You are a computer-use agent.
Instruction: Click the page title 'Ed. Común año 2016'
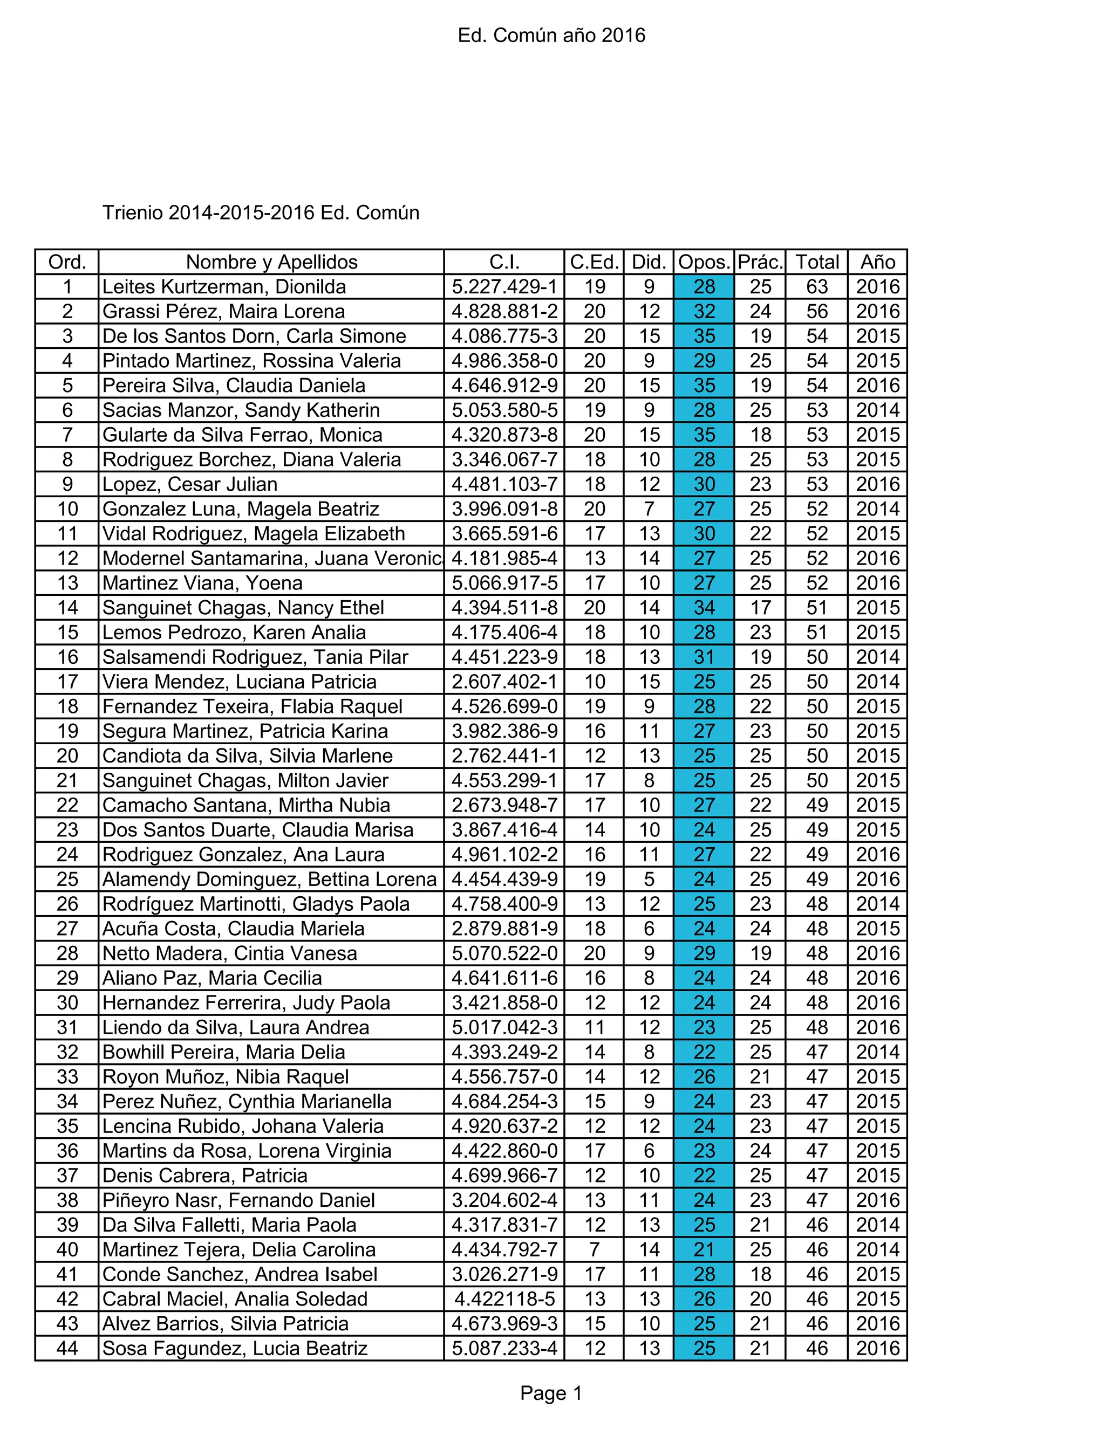(551, 36)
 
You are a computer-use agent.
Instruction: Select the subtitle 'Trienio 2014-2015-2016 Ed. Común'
(261, 212)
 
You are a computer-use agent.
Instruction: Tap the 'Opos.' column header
(704, 263)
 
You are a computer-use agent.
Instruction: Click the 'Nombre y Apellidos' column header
(272, 263)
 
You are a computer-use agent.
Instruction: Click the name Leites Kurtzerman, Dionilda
(224, 286)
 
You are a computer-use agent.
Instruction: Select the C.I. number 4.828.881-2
(504, 312)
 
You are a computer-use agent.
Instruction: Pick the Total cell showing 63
(816, 286)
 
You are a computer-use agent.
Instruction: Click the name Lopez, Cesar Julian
(190, 484)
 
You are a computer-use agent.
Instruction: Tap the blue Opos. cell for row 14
(704, 608)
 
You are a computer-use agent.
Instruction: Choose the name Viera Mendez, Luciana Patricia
(240, 682)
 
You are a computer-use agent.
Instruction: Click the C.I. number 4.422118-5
(504, 1299)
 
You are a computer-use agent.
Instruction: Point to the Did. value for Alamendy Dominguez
(649, 880)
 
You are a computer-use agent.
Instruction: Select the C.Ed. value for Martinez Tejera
(594, 1250)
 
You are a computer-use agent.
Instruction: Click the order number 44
(67, 1349)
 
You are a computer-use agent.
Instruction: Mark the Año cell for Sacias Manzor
(877, 410)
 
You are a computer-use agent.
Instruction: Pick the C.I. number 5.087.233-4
(504, 1349)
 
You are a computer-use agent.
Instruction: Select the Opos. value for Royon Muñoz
(704, 1077)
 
